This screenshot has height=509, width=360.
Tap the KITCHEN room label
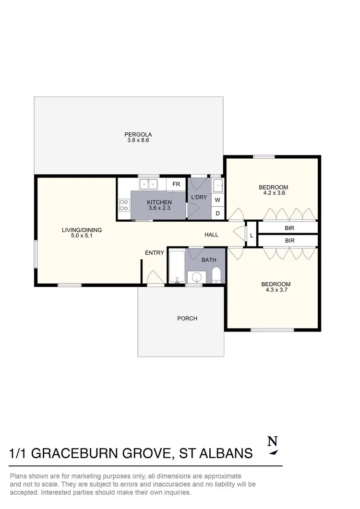(159, 202)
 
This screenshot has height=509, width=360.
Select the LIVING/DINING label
(82, 230)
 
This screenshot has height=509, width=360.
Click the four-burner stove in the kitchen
(124, 205)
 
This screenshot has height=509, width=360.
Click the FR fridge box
(176, 184)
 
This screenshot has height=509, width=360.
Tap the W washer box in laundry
(217, 200)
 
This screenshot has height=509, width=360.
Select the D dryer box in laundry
(217, 213)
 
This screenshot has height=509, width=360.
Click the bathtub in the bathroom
(177, 267)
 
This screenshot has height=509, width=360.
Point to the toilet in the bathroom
(216, 275)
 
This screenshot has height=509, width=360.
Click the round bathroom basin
(196, 277)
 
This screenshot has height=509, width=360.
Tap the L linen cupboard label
(252, 236)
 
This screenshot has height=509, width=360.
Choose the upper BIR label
(289, 228)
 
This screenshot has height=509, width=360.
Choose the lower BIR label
(289, 240)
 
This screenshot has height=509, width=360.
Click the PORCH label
(187, 318)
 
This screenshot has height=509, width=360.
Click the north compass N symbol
(272, 440)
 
